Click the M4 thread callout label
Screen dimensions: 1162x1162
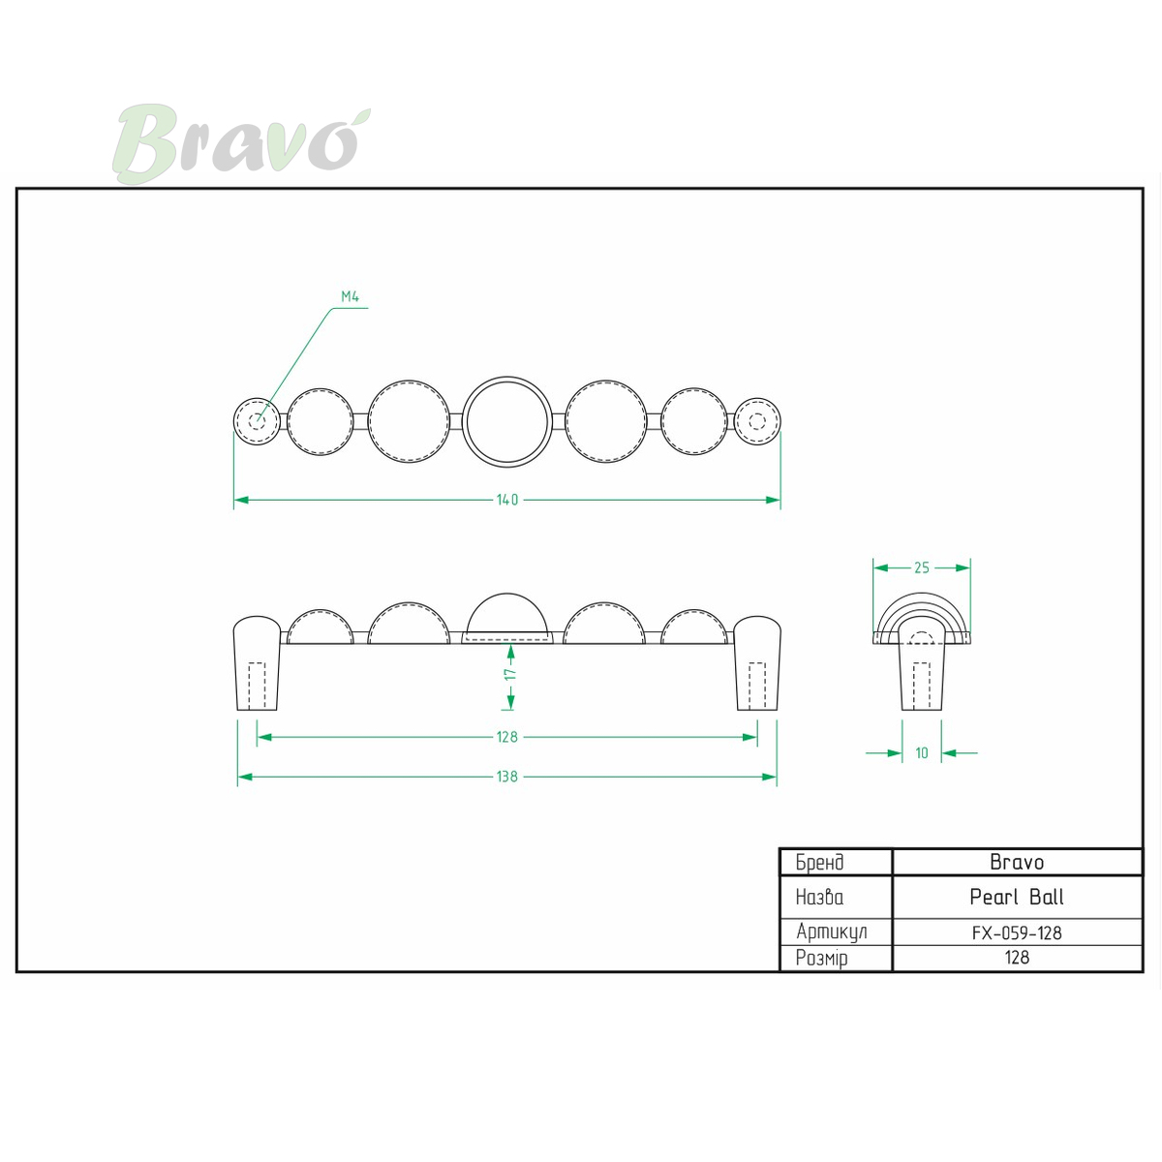tap(350, 296)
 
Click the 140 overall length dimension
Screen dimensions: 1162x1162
tap(507, 500)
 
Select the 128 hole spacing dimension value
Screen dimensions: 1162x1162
tap(507, 737)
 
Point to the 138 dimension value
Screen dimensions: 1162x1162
tap(507, 777)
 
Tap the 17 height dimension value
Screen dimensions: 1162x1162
tap(510, 674)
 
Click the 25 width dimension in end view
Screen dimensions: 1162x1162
tap(922, 567)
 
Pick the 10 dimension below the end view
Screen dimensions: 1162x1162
tap(922, 752)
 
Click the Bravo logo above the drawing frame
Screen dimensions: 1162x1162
tap(241, 143)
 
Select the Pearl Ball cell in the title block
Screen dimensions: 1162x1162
tap(1017, 897)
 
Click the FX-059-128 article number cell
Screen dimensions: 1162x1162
tap(1017, 933)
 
